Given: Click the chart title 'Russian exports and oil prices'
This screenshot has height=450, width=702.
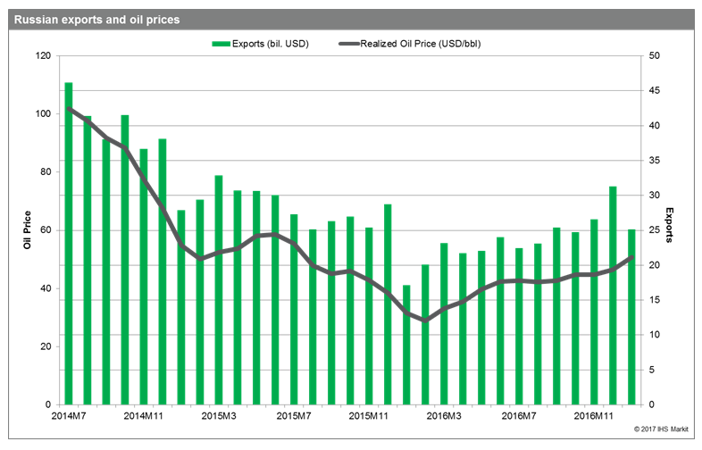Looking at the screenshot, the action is click(x=96, y=20).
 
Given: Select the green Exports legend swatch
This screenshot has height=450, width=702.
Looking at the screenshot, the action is click(x=221, y=44).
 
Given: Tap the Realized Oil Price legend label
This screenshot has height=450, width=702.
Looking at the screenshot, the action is click(x=421, y=44).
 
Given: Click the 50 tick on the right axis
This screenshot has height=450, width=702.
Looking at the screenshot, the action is click(x=654, y=56).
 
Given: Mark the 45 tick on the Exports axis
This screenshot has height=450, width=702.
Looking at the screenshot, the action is click(x=654, y=90).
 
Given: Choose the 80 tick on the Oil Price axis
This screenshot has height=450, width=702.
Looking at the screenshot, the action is click(x=46, y=172).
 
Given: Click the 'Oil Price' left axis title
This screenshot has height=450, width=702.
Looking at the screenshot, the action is click(x=28, y=229).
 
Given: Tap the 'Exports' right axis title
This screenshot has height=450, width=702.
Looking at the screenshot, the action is click(x=669, y=225).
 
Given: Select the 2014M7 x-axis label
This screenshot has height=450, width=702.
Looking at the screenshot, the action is click(x=69, y=416).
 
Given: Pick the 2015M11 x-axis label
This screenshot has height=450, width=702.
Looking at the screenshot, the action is click(x=369, y=416).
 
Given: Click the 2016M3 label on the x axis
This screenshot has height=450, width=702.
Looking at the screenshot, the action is click(x=444, y=416).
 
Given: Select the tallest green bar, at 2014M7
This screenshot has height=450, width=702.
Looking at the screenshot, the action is click(x=69, y=244).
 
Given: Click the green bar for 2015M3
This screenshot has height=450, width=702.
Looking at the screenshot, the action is click(x=219, y=290).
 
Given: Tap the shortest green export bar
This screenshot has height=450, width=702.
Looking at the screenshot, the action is click(x=406, y=345).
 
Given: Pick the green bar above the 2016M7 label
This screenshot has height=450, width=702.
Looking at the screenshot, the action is click(x=519, y=327).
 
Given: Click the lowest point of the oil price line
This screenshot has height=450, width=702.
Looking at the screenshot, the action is click(x=425, y=321).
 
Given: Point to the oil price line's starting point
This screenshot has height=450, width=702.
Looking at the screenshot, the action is click(x=69, y=108).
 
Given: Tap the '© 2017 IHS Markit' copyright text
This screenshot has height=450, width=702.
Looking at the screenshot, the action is click(x=661, y=429).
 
